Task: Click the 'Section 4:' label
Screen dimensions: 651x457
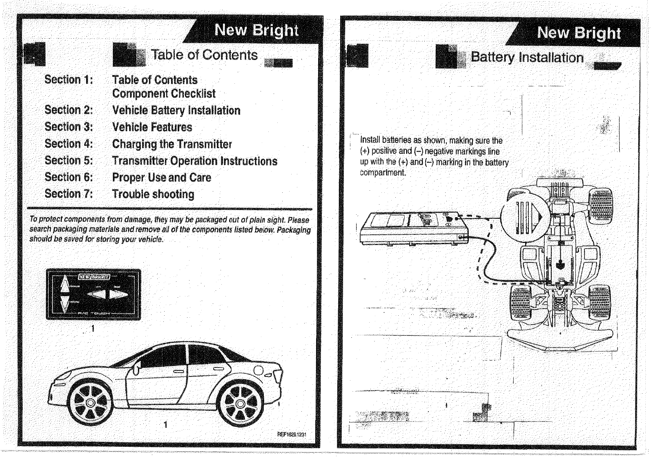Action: click(69, 144)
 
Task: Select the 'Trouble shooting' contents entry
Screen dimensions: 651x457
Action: click(153, 194)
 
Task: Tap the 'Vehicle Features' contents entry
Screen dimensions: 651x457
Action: click(152, 127)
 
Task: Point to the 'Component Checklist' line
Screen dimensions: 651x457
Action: click(164, 94)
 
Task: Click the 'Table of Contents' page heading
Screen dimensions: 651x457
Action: click(204, 55)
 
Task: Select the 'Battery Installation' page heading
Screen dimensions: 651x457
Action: click(527, 58)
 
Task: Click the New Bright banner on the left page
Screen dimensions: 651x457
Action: click(256, 31)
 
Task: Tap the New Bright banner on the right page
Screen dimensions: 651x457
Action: click(579, 33)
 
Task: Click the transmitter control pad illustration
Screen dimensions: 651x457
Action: click(94, 294)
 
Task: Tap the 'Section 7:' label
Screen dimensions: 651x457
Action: click(69, 194)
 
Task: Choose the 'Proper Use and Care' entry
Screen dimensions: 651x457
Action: click(161, 178)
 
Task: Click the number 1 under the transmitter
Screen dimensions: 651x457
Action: click(93, 328)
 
